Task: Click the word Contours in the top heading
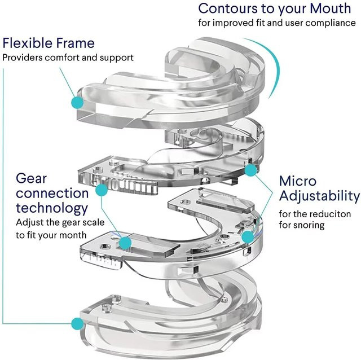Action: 228,8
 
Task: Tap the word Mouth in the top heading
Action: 330,8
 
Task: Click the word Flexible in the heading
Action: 28,43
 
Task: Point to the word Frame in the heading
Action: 76,43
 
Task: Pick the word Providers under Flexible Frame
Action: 23,58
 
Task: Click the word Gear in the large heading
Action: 32,178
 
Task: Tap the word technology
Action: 52,208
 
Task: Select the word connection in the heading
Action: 52,193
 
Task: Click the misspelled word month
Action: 73,235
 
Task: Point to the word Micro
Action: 298,181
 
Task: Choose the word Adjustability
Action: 320,196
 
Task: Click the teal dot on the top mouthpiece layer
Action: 78,103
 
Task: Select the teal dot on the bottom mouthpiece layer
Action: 78,324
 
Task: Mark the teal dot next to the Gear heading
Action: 102,190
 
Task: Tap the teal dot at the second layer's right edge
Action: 250,170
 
